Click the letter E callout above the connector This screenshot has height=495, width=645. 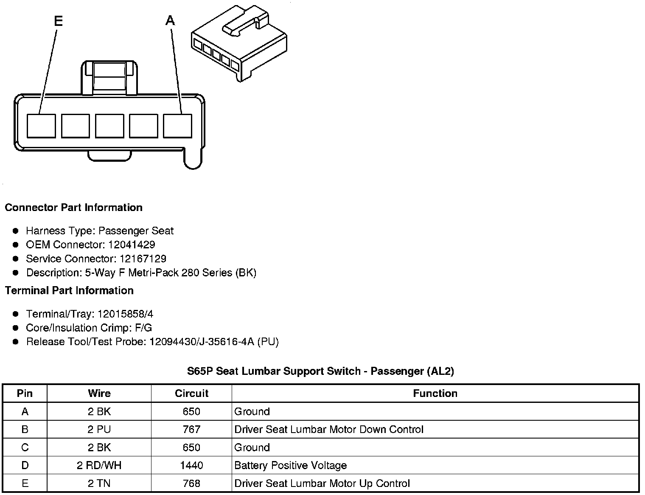(58, 21)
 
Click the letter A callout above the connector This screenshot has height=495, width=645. (170, 20)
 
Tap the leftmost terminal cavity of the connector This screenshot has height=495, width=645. (41, 126)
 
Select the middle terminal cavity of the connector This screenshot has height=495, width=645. (109, 126)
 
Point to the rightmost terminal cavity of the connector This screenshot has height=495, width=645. (177, 126)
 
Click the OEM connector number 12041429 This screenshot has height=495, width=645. (132, 245)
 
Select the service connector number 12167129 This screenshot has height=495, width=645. (143, 259)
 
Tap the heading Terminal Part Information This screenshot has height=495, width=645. (69, 291)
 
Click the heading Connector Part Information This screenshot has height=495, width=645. (73, 208)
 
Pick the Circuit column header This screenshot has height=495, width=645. (191, 394)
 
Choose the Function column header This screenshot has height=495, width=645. (435, 394)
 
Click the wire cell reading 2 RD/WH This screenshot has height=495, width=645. (99, 466)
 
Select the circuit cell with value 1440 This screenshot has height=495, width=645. (191, 466)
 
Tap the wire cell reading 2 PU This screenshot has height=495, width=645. (99, 430)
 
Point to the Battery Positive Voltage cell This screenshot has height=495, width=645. (291, 466)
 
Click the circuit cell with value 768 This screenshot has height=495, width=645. (191, 484)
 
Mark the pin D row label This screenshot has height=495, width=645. (25, 466)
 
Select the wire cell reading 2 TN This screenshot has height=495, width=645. (99, 484)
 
